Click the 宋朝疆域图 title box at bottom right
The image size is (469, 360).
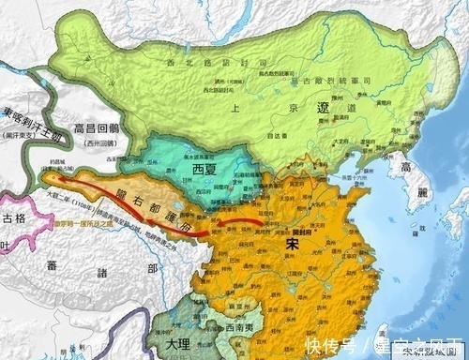pos(429,352)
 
